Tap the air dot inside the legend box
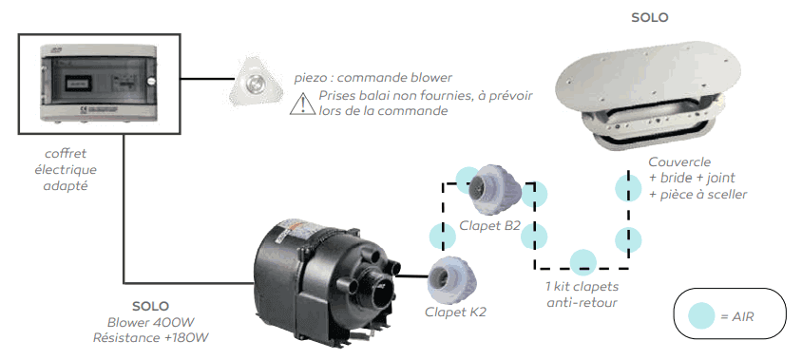(x=702, y=314)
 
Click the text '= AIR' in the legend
(x=737, y=315)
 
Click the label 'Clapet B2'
(x=489, y=226)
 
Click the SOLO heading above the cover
(x=649, y=17)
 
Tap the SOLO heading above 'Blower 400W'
(x=151, y=307)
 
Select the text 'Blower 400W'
(x=151, y=322)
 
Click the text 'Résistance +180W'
(x=151, y=337)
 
